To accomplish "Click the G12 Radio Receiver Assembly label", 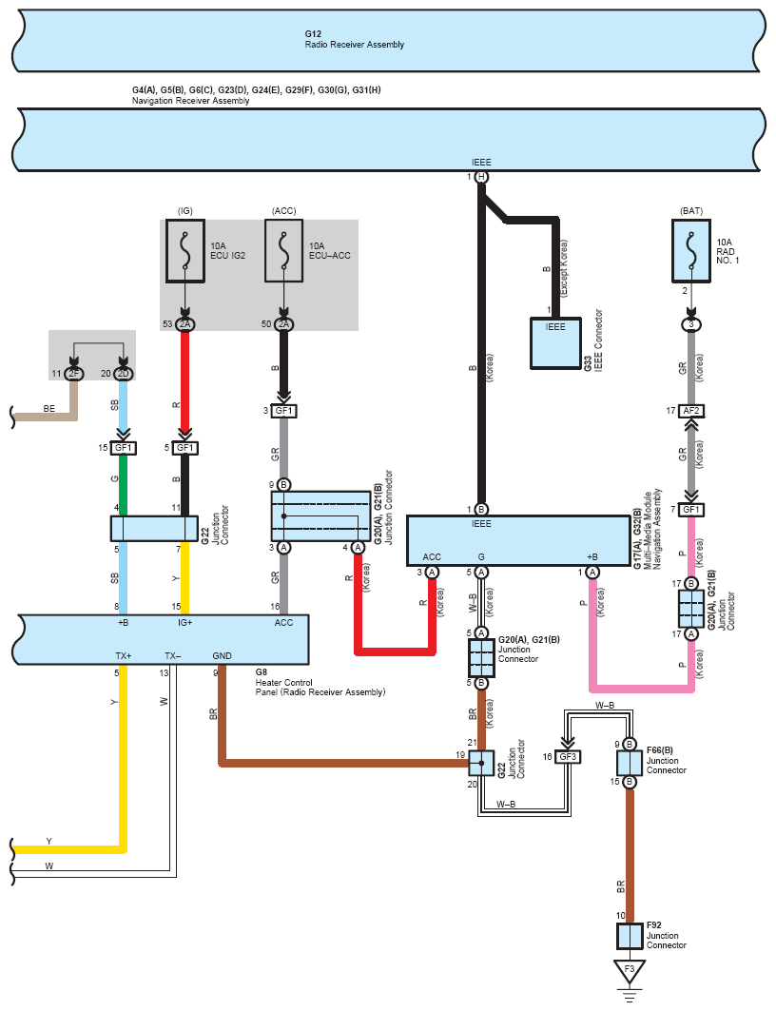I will [354, 40].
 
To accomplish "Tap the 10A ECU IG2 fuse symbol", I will [185, 251].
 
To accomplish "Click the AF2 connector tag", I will [692, 411].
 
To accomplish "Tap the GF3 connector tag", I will [568, 757].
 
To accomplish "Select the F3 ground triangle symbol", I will [626, 972].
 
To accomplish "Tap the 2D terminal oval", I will [124, 373].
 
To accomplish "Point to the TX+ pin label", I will [122, 656].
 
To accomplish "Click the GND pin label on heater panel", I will [222, 656].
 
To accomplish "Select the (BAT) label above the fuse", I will [691, 209].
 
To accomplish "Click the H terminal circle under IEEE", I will [482, 178].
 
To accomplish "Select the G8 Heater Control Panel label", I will [320, 682].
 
